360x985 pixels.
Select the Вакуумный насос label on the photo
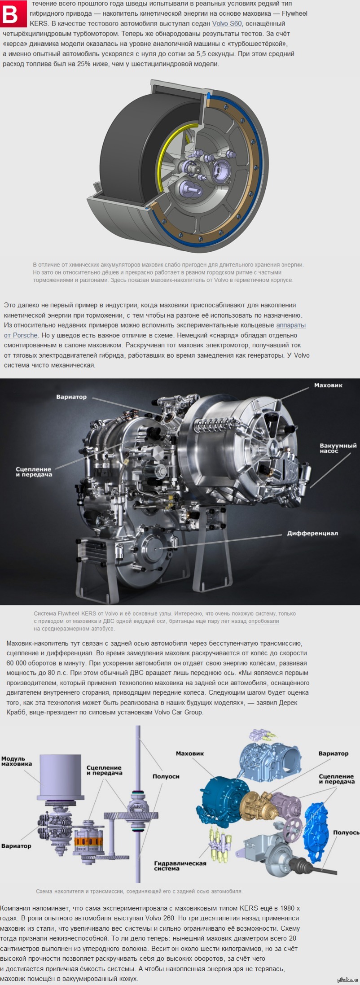coord(338,448)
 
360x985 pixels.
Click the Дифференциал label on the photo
coord(312,534)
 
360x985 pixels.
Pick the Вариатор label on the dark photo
coord(71,397)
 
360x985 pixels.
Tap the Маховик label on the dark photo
coord(328,385)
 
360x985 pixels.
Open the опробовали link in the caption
coord(263,621)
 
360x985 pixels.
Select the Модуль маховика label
coord(17,761)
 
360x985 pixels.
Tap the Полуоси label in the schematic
coord(166,776)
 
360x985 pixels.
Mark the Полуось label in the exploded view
coord(346,832)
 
